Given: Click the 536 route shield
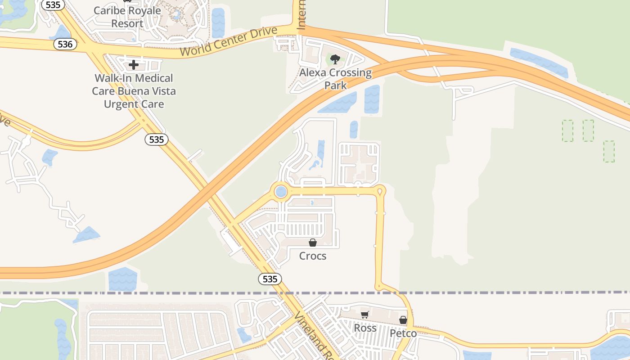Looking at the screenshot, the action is click(x=65, y=44).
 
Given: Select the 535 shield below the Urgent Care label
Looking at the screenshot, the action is click(x=156, y=139).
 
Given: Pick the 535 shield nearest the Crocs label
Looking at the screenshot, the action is click(x=270, y=279).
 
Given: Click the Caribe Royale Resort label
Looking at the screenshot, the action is click(x=127, y=17).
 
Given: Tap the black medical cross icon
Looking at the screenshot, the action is click(x=134, y=65).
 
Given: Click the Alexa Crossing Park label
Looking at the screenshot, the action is click(x=336, y=79).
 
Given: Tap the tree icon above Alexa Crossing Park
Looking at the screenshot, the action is click(x=335, y=59).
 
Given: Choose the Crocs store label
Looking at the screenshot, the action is click(x=313, y=256).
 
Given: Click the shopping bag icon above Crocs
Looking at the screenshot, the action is click(x=313, y=243).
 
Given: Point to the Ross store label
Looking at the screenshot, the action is click(x=365, y=328).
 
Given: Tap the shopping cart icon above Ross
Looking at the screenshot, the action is click(x=364, y=315).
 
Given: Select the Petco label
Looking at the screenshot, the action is click(x=403, y=333).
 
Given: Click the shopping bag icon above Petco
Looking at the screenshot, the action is click(x=403, y=320).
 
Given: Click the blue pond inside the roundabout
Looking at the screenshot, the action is click(x=281, y=192).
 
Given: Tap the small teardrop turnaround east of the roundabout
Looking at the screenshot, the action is click(x=380, y=192).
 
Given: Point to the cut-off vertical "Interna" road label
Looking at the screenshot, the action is click(x=301, y=16).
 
